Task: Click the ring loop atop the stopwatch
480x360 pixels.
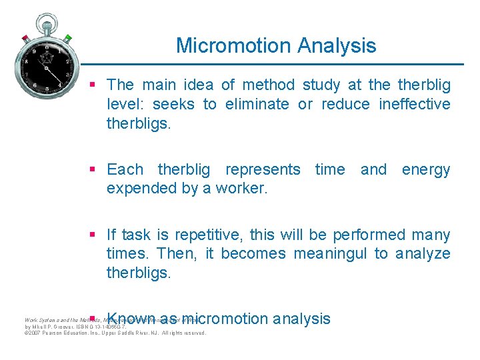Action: point(47,21)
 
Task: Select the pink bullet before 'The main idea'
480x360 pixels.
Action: point(94,84)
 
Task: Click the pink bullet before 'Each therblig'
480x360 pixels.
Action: point(94,169)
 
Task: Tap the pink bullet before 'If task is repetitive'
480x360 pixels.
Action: point(94,235)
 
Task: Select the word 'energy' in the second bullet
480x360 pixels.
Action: point(425,170)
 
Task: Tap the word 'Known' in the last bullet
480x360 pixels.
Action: point(131,319)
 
